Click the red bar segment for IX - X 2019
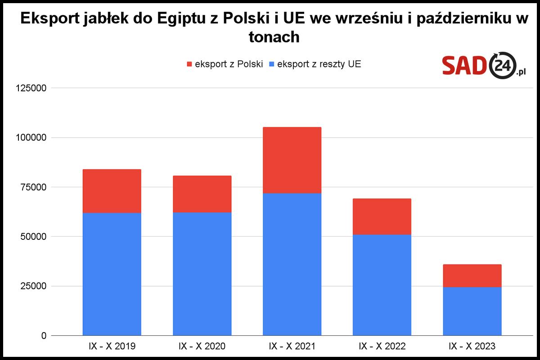pos(112,191)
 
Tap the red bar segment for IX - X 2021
pos(292,160)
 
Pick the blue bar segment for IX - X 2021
pos(292,264)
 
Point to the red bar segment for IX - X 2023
pos(472,275)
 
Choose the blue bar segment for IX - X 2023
pos(472,311)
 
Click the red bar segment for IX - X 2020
pos(202,194)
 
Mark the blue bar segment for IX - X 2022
pos(382,285)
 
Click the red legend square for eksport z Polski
pos(189,64)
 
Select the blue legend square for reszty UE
pos(271,64)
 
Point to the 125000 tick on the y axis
pos(31,88)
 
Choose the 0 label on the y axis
pos(44,336)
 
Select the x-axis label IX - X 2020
pos(202,346)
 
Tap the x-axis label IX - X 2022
pos(382,346)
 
